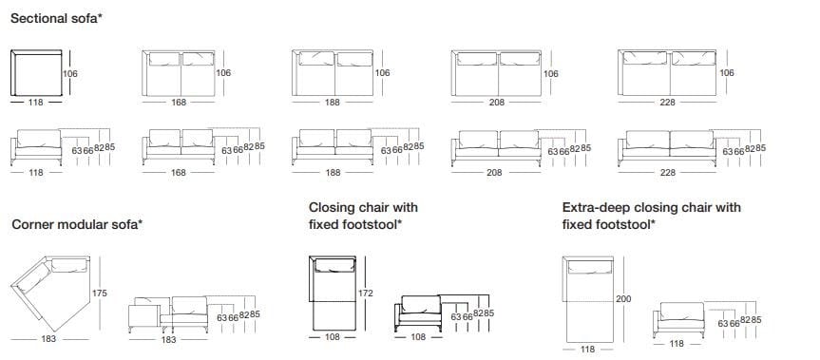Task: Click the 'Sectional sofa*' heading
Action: pos(56,19)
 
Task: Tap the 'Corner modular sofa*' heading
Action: pos(77,225)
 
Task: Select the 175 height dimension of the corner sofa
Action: pos(100,294)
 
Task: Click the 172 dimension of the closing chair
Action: pos(366,294)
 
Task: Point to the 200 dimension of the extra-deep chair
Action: pos(623,299)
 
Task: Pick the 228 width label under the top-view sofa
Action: pos(667,103)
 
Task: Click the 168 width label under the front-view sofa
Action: pos(179,173)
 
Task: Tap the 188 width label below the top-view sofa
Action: pos(332,103)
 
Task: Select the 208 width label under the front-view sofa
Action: pos(494,173)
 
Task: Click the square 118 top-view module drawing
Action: pos(37,73)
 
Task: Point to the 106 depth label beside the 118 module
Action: pos(70,74)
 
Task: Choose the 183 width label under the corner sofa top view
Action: pos(48,338)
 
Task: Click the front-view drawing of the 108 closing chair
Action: pos(418,313)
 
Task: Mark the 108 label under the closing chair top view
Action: pos(332,337)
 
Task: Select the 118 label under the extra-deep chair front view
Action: pos(677,344)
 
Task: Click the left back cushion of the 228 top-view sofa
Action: pos(645,58)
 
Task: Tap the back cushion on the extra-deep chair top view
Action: pos(589,267)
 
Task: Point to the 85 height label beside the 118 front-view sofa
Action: pos(110,147)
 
